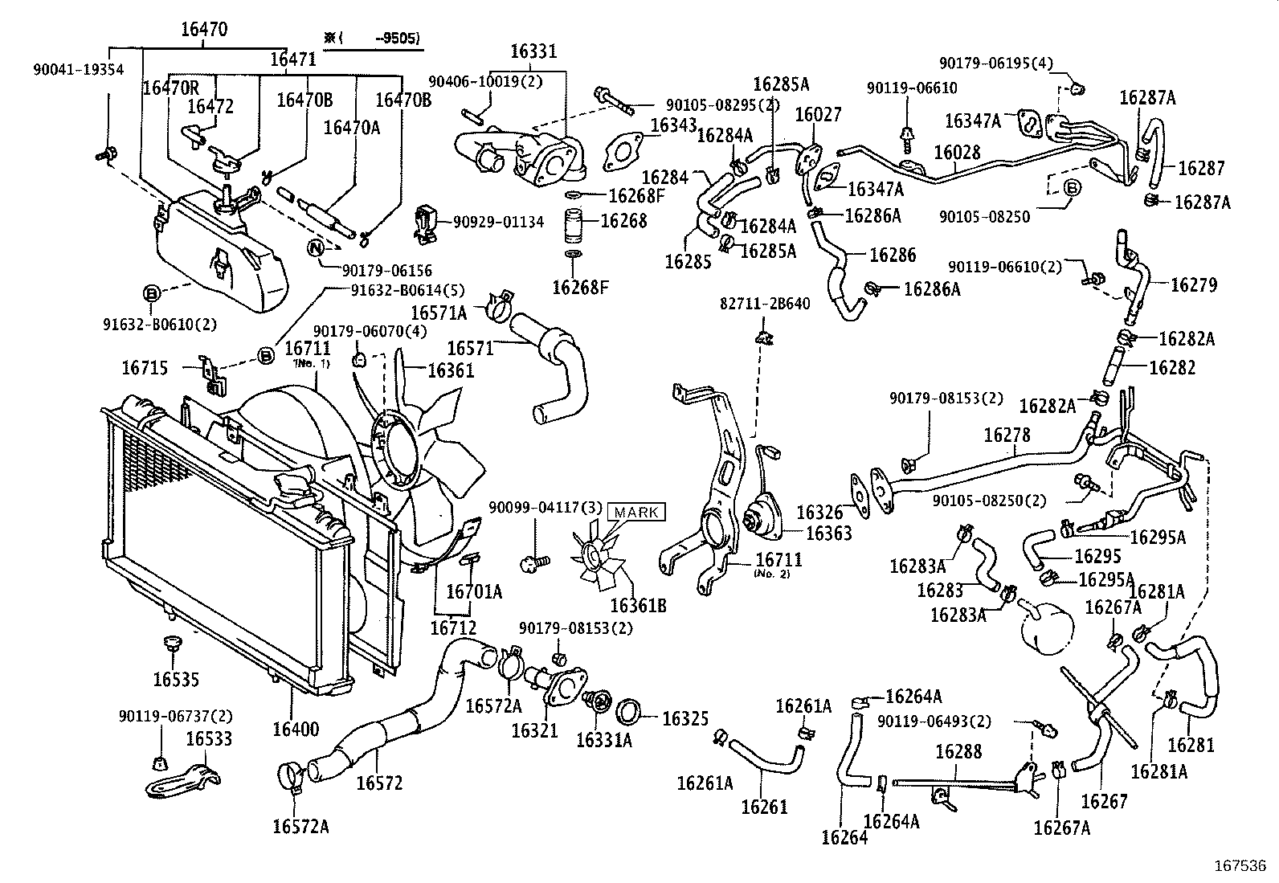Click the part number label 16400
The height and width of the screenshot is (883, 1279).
295,730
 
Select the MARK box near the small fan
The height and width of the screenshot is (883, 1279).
637,512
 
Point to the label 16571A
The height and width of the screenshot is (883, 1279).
438,312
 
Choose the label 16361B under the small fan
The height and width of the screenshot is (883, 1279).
638,605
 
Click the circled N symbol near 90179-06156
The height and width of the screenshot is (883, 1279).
316,247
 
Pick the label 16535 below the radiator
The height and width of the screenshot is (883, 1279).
176,680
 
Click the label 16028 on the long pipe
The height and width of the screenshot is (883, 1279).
956,152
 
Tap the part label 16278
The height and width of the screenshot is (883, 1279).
1007,435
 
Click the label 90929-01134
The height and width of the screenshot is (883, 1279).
498,222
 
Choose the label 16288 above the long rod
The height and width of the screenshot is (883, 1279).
958,752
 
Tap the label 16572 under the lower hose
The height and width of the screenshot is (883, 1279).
379,783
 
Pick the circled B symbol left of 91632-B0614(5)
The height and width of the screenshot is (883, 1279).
264,354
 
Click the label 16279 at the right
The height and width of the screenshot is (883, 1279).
1193,284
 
